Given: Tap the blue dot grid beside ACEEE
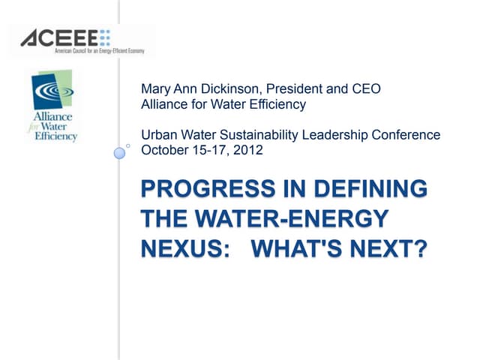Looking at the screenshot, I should (104, 36).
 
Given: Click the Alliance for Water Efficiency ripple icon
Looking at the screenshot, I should (51, 91).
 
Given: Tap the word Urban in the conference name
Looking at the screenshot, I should (158, 136).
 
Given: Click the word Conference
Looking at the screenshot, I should (406, 136).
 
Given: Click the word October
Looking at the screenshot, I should (164, 149).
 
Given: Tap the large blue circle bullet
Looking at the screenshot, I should (119, 153).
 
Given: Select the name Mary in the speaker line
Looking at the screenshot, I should (156, 89).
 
